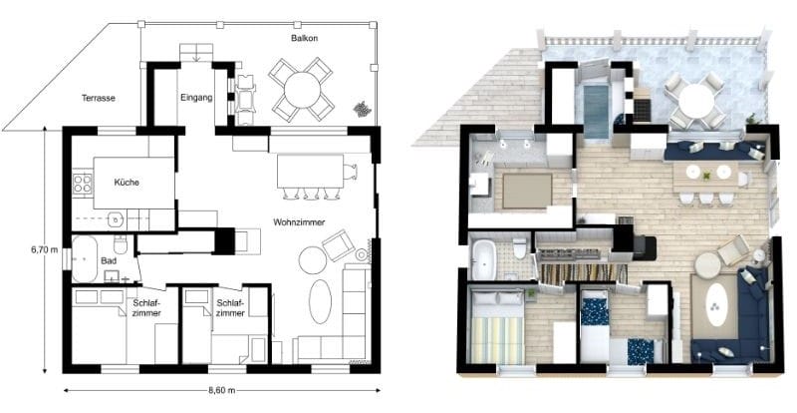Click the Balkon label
pyautogui.click(x=305, y=38)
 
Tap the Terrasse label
pyautogui.click(x=99, y=98)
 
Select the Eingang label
pyautogui.click(x=196, y=98)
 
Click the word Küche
pyautogui.click(x=127, y=182)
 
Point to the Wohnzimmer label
pyautogui.click(x=299, y=222)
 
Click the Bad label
pyautogui.click(x=109, y=260)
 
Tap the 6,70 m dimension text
pyautogui.click(x=44, y=250)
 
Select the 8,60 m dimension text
pyautogui.click(x=222, y=391)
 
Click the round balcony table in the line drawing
pyautogui.click(x=303, y=90)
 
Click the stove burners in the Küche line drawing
pyautogui.click(x=83, y=184)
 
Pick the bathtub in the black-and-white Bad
pyautogui.click(x=85, y=259)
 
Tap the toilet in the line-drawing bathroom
pyautogui.click(x=121, y=245)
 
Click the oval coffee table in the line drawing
pyautogui.click(x=320, y=301)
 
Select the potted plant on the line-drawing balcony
pyautogui.click(x=362, y=109)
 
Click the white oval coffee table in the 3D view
pyautogui.click(x=716, y=304)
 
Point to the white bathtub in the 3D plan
pyautogui.click(x=484, y=259)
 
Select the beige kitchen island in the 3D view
pyautogui.click(x=527, y=191)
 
